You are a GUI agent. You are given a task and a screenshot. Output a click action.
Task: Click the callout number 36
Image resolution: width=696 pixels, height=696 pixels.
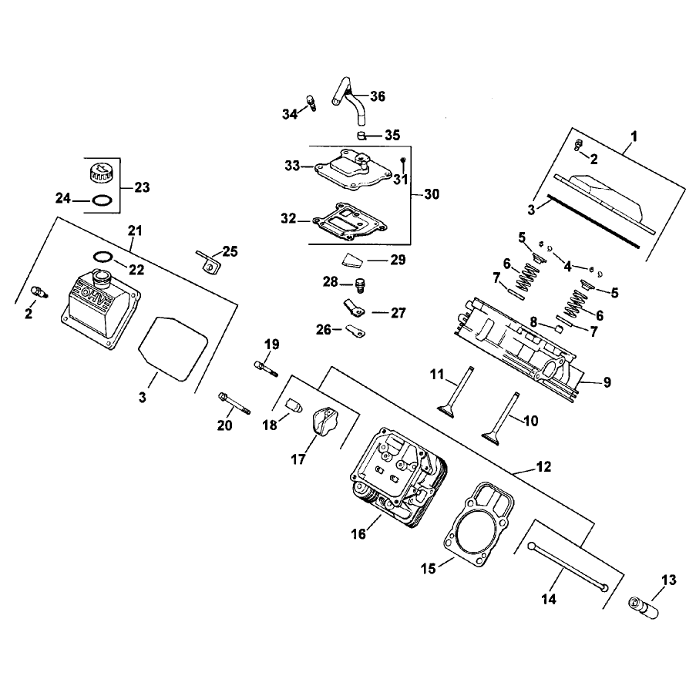point(378,96)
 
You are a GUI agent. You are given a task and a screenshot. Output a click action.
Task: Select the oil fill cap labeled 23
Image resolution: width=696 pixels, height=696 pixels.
point(99,172)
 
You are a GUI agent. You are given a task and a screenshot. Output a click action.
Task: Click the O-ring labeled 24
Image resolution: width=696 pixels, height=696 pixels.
point(102,200)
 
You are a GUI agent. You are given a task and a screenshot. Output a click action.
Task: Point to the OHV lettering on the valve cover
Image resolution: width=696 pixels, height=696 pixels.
point(91,294)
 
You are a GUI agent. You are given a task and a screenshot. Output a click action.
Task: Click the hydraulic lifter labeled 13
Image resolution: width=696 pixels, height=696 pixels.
point(644,607)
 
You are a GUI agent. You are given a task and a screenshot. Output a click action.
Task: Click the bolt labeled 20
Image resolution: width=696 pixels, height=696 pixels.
point(234,403)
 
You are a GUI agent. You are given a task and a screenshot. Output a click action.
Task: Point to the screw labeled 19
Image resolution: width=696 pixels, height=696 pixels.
point(266,369)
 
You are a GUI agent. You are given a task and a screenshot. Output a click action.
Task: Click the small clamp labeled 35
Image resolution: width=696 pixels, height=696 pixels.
point(361,135)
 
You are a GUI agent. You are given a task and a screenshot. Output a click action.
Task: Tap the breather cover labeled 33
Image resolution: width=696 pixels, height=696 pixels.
point(353,171)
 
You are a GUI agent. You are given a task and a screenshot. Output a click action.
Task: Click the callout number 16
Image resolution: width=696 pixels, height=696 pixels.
point(358,533)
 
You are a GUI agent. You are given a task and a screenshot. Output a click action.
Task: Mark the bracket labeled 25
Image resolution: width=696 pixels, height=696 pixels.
point(207,262)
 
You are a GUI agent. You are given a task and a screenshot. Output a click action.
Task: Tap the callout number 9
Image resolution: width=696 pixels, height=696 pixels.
point(607,382)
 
